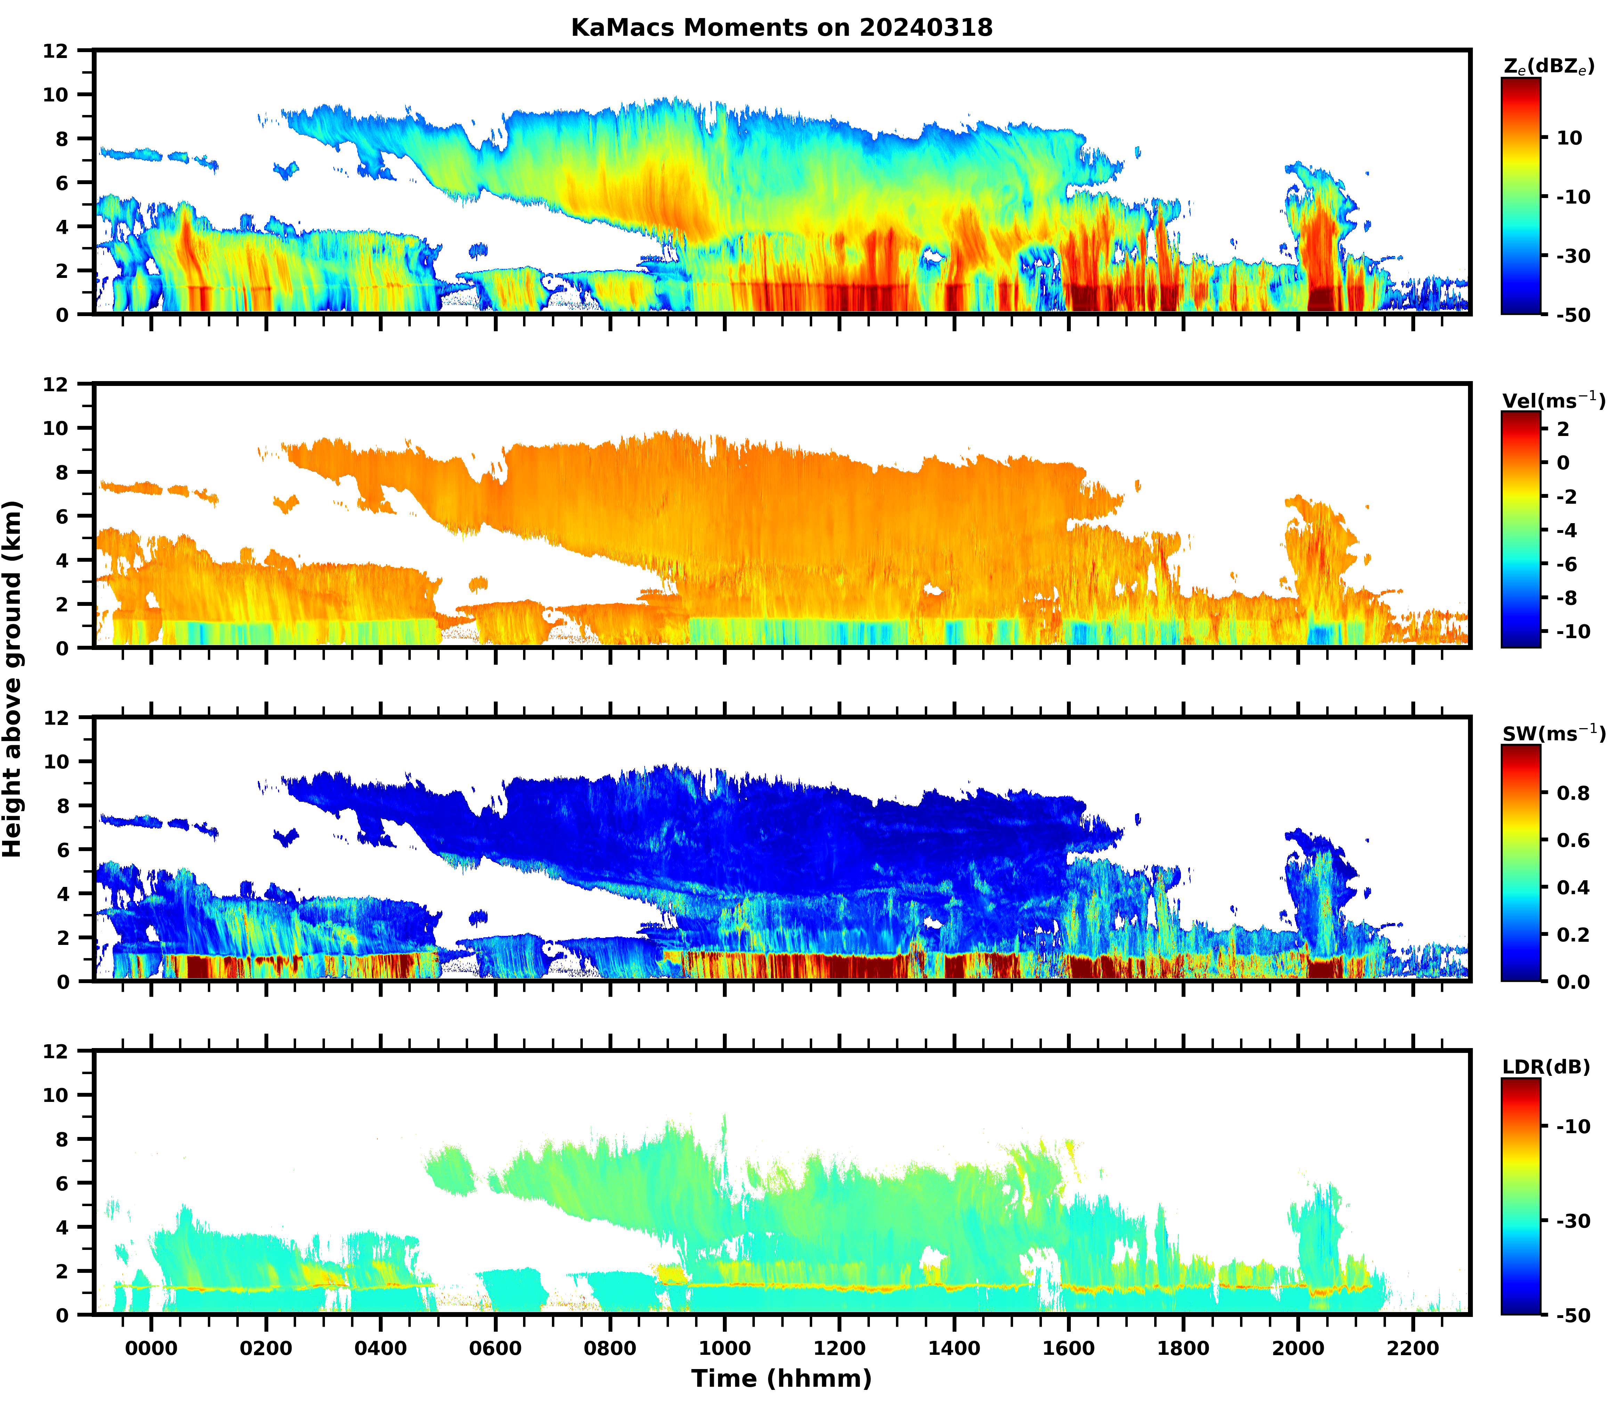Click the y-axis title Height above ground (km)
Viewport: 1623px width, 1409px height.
coord(13,678)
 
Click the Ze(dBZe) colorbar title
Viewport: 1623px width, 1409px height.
coord(1548,67)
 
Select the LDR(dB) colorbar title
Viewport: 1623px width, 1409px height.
coord(1546,1067)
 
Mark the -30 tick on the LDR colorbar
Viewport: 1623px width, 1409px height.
coord(1573,1221)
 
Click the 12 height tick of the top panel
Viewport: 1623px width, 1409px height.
coord(63,50)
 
